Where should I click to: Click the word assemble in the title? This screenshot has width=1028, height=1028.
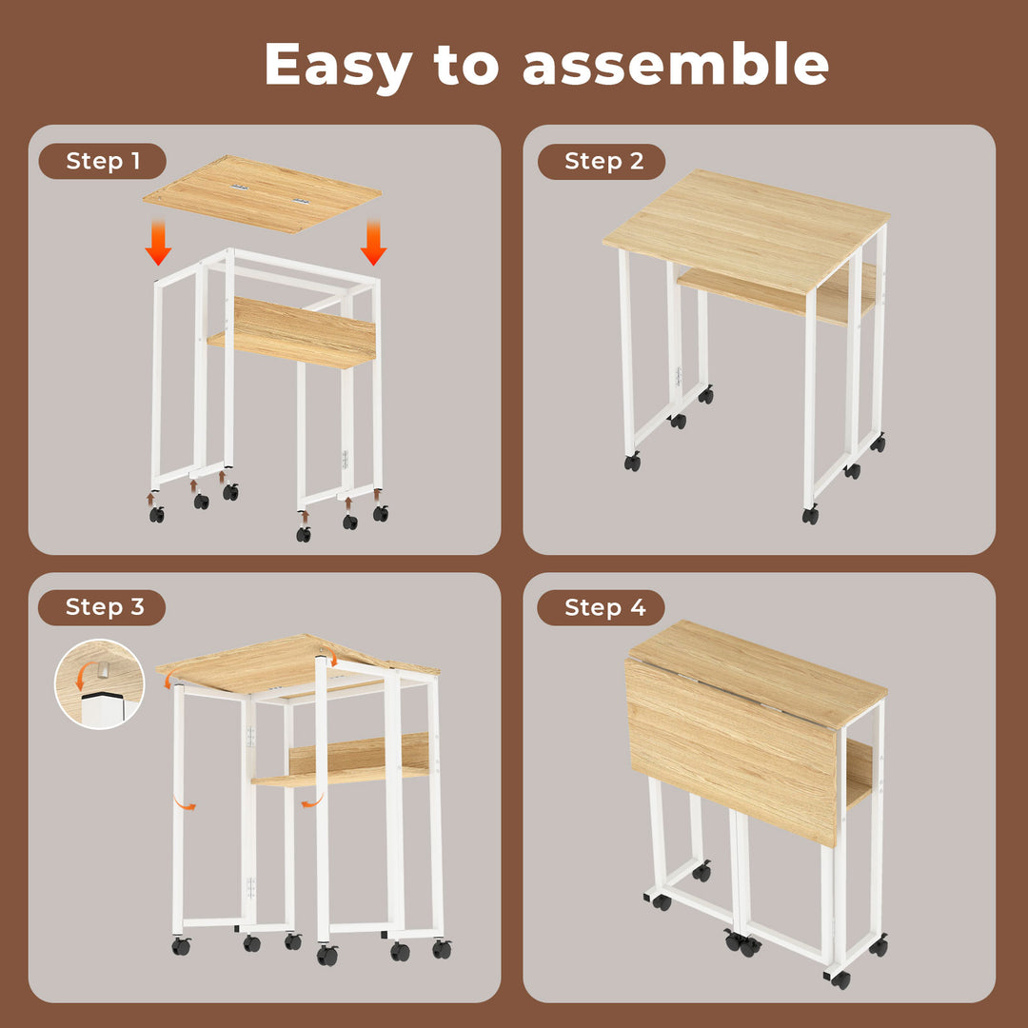coord(675,65)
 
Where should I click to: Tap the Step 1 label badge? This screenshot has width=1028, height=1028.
coord(103,162)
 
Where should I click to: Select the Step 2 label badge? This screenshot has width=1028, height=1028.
coord(603,162)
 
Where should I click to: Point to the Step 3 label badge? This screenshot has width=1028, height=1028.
coord(103,607)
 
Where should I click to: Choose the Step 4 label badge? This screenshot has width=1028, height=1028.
coord(603,607)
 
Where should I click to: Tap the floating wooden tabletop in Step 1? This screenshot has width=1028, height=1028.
coord(262,194)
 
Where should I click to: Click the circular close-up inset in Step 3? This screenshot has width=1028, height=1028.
coord(99,683)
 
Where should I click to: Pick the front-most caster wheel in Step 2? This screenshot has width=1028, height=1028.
coord(810,516)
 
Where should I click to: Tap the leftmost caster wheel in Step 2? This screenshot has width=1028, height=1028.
coord(632,463)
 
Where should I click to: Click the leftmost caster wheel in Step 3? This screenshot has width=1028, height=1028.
coord(181,946)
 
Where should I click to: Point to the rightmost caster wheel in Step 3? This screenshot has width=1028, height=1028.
coord(442,949)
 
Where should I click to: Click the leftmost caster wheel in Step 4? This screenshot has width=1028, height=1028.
coord(662,901)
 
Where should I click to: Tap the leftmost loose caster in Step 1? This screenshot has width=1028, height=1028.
coord(156,514)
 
